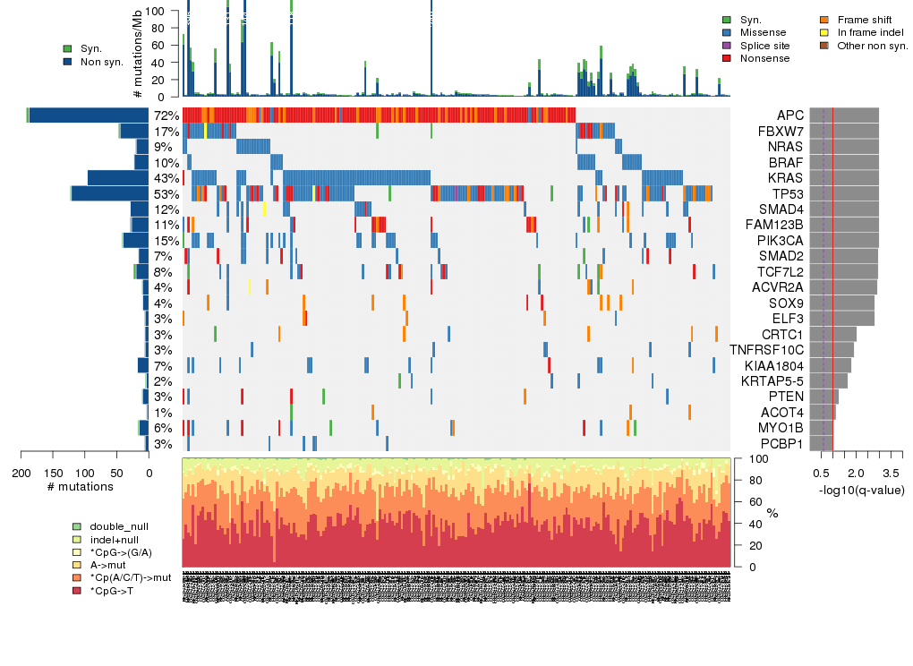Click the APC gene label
click(790, 115)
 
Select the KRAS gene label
click(786, 178)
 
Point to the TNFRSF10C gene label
click(767, 349)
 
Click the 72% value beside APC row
click(166, 115)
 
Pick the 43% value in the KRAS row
click(166, 178)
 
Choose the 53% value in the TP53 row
click(166, 193)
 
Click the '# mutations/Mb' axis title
click(138, 53)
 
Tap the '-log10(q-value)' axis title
click(861, 491)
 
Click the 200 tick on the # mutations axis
click(21, 473)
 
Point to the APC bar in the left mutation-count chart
click(90, 115)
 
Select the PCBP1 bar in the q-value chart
click(822, 443)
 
